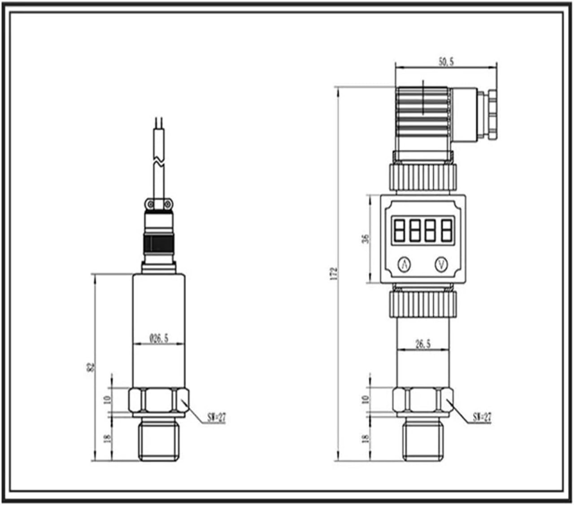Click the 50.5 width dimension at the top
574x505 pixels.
pos(446,62)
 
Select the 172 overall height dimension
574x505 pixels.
pos(333,273)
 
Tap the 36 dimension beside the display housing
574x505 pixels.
pos(366,238)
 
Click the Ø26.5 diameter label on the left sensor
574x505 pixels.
pos(159,338)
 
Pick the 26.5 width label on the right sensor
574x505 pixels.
pos(422,344)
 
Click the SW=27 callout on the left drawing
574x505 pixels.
pos(217,418)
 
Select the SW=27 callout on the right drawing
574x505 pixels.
pos(482,417)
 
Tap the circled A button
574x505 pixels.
pos(404,265)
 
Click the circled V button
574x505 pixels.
pos(441,265)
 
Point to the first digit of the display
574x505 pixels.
pos(399,230)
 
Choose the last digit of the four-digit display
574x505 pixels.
pos(447,230)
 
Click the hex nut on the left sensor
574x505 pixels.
pos(158,400)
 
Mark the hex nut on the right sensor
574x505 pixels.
pos(423,400)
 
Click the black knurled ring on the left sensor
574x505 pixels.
pos(158,244)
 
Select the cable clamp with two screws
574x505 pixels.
pos(158,204)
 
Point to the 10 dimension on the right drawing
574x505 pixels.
pos(366,398)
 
